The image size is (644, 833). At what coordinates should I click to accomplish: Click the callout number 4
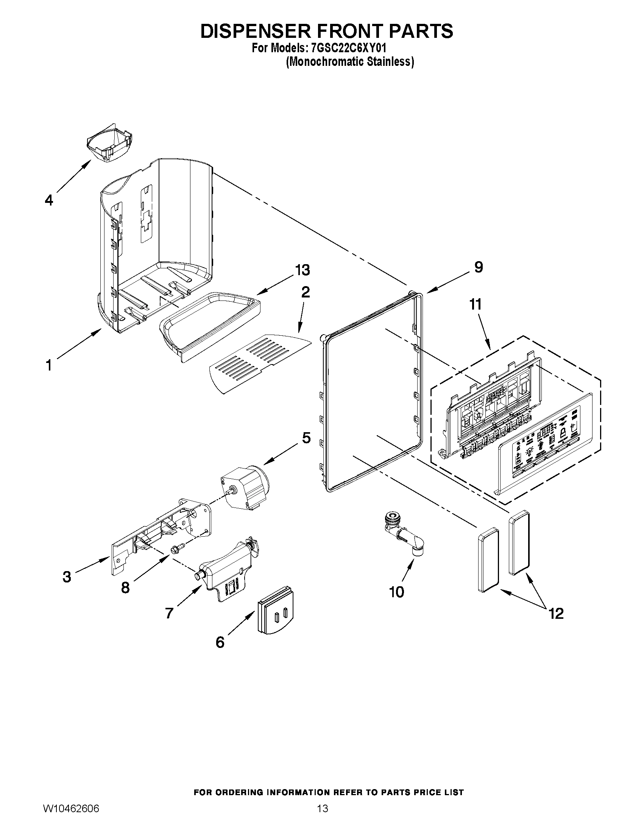pos(49,200)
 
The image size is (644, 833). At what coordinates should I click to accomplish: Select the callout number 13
pos(302,270)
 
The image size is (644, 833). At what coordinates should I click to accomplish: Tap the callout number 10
pos(396,592)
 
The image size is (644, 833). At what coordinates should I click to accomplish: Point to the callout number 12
pos(556,613)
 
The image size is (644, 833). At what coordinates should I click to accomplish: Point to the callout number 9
pos(479,267)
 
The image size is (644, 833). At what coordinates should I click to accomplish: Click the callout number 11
pos(476,304)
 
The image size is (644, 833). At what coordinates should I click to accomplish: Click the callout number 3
pos(67,577)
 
